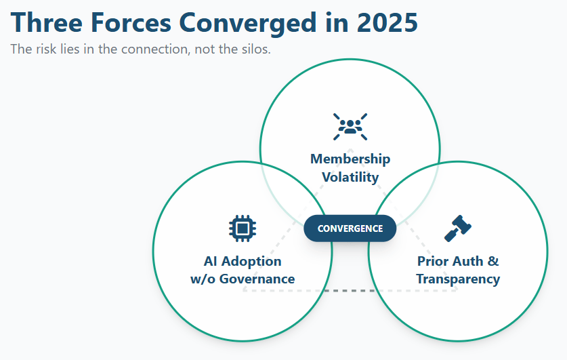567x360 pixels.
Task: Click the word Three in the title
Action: [x=47, y=23]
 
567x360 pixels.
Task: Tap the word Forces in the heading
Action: [x=131, y=23]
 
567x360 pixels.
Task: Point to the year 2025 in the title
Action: [x=387, y=23]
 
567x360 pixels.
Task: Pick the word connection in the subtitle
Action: [x=156, y=49]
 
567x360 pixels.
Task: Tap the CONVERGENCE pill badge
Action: [x=350, y=228]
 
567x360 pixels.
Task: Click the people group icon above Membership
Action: [x=350, y=127]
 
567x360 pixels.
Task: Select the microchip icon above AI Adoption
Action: [x=243, y=228]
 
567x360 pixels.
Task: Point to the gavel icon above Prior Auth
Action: [x=458, y=228]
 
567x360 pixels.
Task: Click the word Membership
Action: [x=350, y=159]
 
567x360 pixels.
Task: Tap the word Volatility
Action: [x=350, y=177]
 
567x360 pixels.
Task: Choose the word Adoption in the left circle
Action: [x=251, y=261]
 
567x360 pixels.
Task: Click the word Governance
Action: [x=257, y=279]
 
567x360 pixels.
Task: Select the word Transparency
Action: [x=458, y=279]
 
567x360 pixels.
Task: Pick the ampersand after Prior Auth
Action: [x=493, y=261]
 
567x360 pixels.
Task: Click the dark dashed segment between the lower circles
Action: [x=350, y=291]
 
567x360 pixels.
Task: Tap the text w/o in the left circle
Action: [x=203, y=279]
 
